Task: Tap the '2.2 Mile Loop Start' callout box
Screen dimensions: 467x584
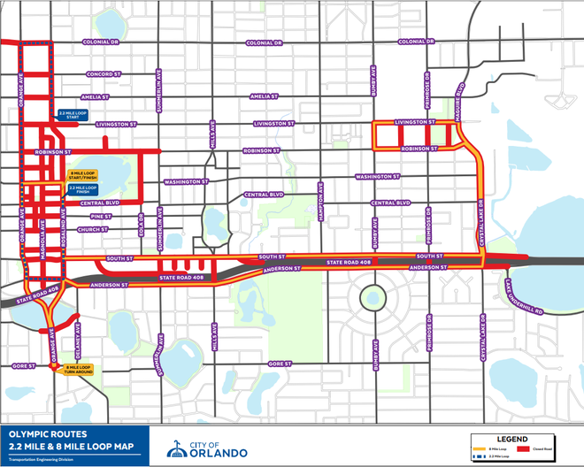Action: tap(73, 115)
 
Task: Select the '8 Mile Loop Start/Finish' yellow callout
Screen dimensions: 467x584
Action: tap(84, 175)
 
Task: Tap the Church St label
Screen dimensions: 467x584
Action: tap(93, 230)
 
